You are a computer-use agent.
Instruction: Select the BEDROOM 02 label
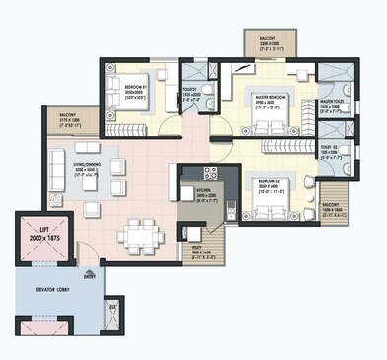pyautogui.click(x=269, y=183)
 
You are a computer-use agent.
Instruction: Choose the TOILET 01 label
pyautogui.click(x=192, y=97)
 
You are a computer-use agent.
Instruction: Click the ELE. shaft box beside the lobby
pyautogui.click(x=112, y=309)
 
